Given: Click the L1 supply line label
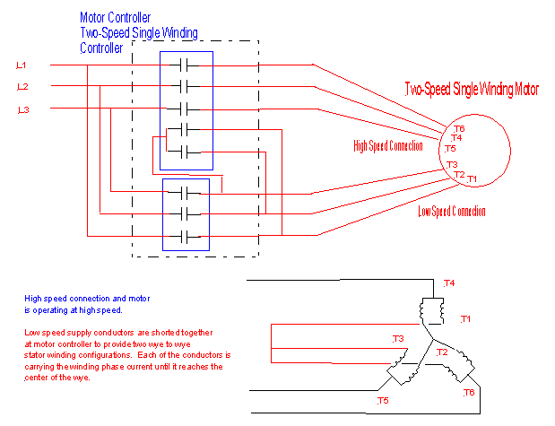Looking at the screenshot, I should [22, 65].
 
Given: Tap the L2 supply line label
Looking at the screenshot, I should [22, 87].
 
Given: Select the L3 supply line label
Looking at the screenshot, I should [22, 109].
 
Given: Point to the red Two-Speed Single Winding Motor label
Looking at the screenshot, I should [473, 90].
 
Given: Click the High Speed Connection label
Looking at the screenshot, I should [388, 145].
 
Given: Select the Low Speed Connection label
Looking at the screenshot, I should [452, 212].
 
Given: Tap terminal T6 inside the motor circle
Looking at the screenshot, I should [458, 129].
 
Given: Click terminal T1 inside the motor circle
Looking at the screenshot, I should [473, 179].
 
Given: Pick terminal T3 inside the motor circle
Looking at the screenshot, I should [452, 165].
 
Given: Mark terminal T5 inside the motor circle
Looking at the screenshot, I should [450, 148].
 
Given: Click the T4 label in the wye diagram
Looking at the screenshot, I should [449, 283].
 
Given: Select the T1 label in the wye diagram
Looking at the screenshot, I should [465, 319].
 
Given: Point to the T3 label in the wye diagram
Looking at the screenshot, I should [398, 338].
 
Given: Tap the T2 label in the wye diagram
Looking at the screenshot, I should [442, 352].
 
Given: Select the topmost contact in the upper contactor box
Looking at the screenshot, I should [186, 65].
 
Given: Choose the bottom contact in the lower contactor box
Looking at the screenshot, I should [186, 236].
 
